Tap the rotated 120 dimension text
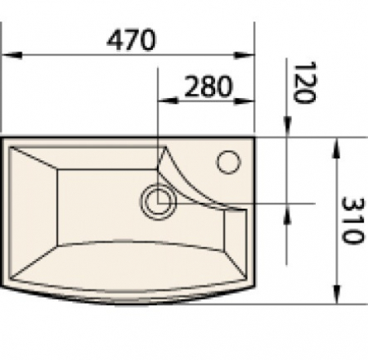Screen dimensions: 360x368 pyautogui.click(x=303, y=83)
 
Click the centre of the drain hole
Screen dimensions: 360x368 pyautogui.click(x=158, y=199)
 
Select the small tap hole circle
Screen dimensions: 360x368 pyautogui.click(x=228, y=160)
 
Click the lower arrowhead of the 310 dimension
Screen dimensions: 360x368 pyautogui.click(x=335, y=294)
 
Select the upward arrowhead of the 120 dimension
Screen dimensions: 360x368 pyautogui.click(x=289, y=211)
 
